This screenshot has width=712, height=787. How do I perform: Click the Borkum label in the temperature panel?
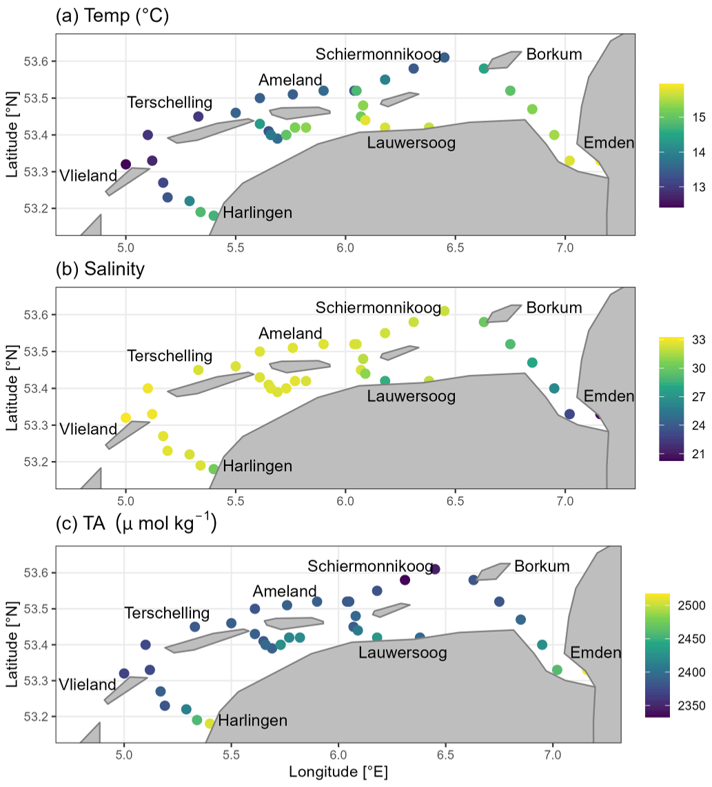pos(553,54)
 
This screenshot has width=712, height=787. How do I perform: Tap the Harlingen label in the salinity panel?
pos(258,467)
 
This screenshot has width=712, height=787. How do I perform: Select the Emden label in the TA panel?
pos(596,653)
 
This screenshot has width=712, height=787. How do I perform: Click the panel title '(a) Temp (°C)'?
pos(112,17)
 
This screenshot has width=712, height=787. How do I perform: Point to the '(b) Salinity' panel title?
pos(100,269)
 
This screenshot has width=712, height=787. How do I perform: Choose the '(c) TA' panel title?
pos(136,525)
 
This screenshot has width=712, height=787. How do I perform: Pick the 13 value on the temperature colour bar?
pos(698,187)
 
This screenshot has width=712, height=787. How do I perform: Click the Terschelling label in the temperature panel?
pos(170,103)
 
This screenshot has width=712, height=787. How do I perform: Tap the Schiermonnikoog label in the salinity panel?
pos(378,307)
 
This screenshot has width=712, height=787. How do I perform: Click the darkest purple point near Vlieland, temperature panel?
pos(125,164)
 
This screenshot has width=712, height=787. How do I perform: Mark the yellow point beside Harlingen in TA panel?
pos(210,724)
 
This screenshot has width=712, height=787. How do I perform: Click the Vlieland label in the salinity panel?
pos(88,429)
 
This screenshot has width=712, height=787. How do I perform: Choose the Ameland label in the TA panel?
pos(285,591)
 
